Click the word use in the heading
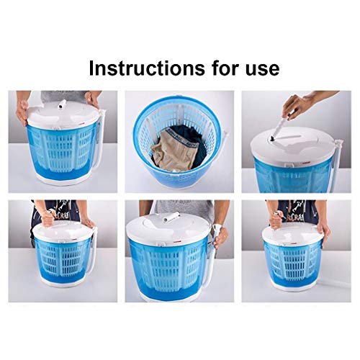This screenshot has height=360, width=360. (x=255, y=68)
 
